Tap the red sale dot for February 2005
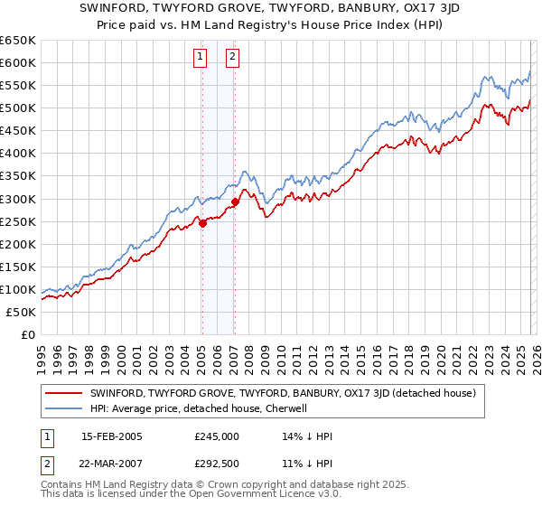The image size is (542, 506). click(202, 223)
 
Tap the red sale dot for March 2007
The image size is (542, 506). click(235, 201)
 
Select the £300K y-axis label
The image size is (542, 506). click(18, 199)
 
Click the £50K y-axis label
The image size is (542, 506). click(22, 312)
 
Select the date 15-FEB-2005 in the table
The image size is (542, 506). click(112, 436)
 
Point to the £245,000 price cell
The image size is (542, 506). click(217, 436)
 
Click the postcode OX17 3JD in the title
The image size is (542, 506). click(381, 11)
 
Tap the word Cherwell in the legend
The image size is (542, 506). click(285, 408)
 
